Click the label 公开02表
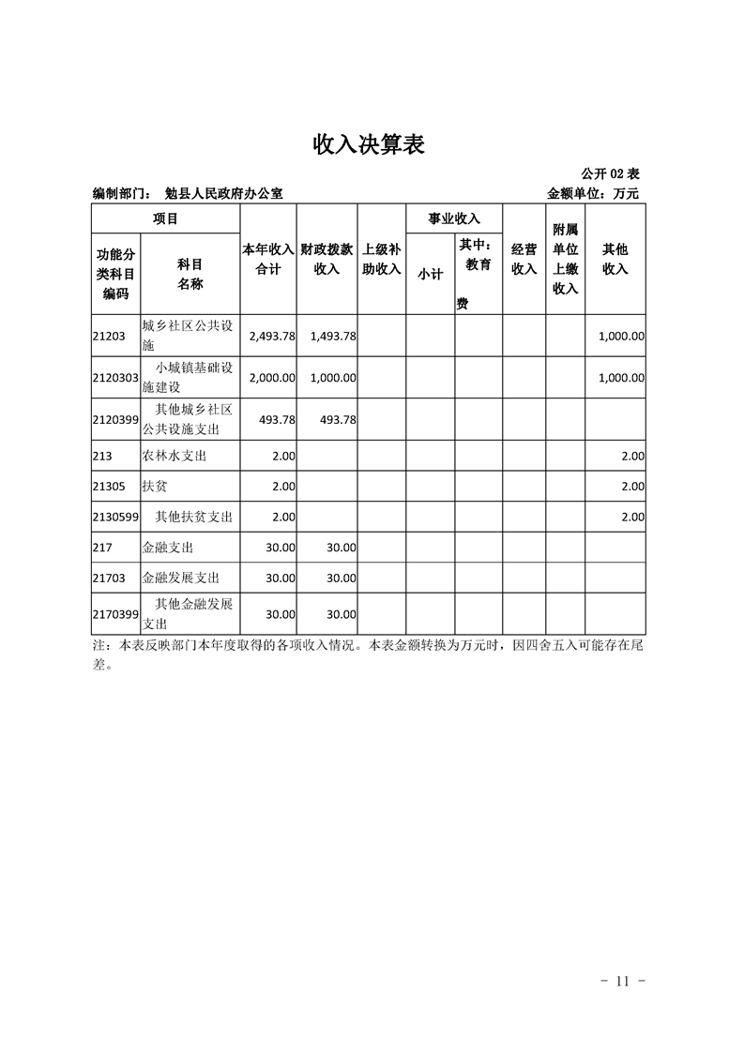coord(610,174)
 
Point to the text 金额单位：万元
coord(593,194)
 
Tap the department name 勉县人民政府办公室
coord(223,194)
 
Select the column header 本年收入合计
coord(269,260)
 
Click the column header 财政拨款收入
coord(326,260)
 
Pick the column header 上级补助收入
coord(382,260)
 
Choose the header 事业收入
coord(454,219)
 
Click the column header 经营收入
coord(524,260)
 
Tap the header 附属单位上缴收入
coord(565,260)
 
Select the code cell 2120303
coord(115,378)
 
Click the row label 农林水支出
coord(174,457)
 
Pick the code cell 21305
coord(109,487)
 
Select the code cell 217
coord(102,548)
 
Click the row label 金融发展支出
coord(174,579)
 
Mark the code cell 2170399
coord(115,614)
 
